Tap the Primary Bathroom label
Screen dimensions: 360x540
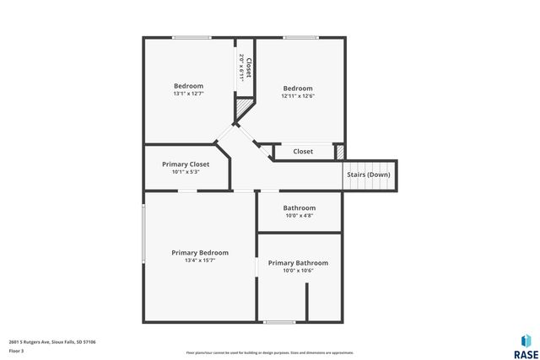point(298,263)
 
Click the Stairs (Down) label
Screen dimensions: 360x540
point(369,175)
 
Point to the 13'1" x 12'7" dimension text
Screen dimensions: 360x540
point(188,94)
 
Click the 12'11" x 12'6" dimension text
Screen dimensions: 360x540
point(298,96)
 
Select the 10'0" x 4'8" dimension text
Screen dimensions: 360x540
point(299,216)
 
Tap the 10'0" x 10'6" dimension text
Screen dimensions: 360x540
point(298,271)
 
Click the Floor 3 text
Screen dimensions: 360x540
point(17,350)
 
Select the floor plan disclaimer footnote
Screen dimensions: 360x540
point(270,353)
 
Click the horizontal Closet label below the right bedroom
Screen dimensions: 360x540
point(303,152)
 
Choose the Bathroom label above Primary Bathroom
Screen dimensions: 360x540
point(299,208)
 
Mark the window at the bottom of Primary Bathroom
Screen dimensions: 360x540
point(279,322)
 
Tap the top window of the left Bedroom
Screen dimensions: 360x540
point(192,37)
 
